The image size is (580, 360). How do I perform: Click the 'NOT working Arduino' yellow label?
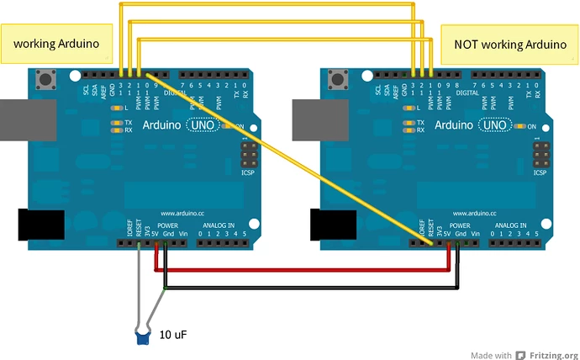(x=509, y=44)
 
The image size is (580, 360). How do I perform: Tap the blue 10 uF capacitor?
(x=144, y=337)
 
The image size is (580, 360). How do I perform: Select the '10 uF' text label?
(x=172, y=335)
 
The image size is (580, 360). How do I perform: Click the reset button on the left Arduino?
(x=46, y=82)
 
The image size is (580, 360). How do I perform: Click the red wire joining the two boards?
(x=303, y=271)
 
